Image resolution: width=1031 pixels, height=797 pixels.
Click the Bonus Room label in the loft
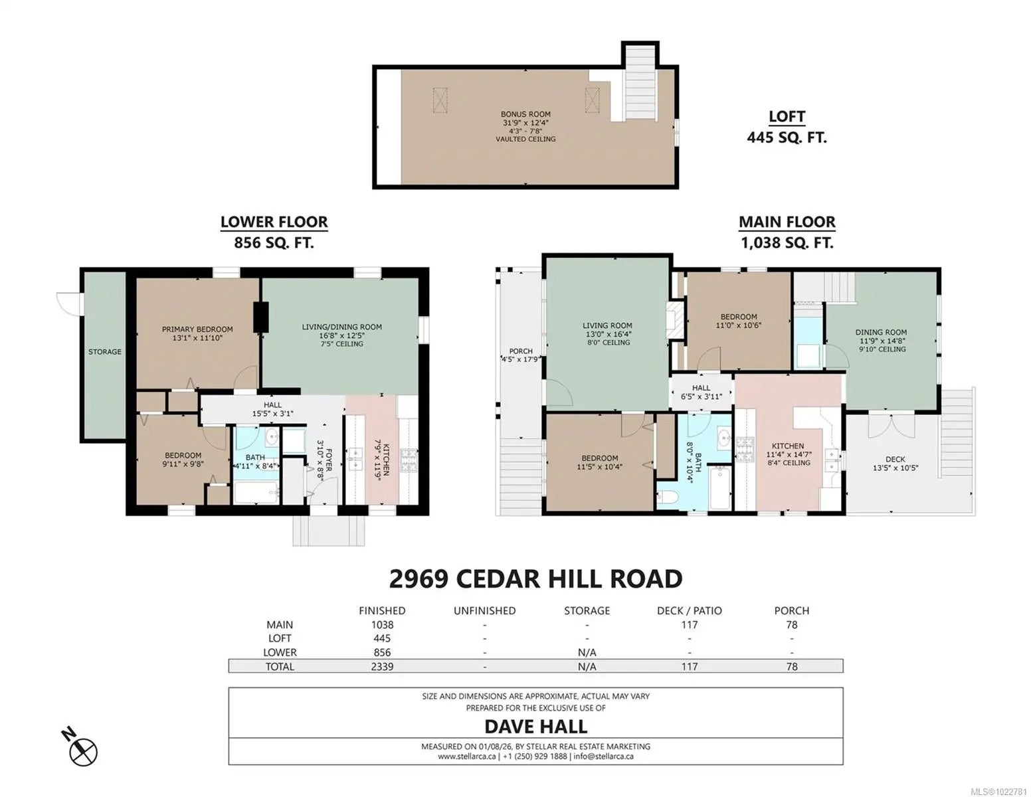(525, 126)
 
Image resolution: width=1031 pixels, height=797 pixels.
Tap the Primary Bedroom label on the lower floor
(197, 333)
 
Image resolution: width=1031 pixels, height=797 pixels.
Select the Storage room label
(105, 352)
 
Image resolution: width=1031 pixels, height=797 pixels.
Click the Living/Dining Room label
(341, 335)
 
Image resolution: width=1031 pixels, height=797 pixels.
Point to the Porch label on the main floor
(520, 355)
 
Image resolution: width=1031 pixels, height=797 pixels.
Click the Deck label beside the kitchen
(895, 463)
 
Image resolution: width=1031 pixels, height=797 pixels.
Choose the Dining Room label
(881, 341)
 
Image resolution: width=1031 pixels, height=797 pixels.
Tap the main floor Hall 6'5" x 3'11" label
(701, 392)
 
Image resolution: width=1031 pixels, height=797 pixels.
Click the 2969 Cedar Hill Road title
(535, 579)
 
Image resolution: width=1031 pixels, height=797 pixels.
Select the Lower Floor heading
(274, 222)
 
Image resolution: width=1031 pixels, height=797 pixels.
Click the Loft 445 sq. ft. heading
(787, 127)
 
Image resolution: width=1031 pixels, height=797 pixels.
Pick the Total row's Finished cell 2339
(382, 666)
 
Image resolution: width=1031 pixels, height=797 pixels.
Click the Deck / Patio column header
(689, 610)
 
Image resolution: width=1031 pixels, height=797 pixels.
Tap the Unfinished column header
(484, 610)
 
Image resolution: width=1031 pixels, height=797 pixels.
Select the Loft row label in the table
(280, 638)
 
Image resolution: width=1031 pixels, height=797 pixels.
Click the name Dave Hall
(535, 727)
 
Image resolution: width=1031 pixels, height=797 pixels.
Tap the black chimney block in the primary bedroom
(260, 317)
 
